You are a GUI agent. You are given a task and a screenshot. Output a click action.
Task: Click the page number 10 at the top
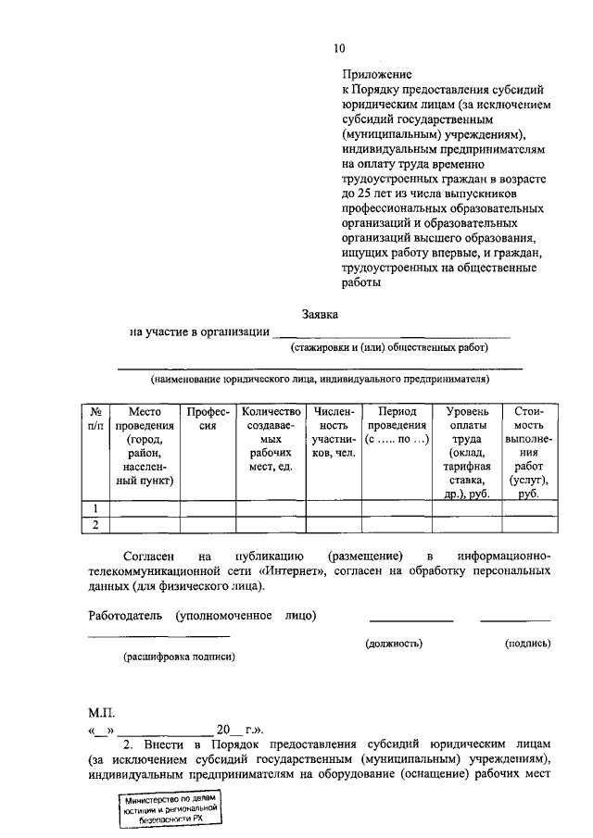338,49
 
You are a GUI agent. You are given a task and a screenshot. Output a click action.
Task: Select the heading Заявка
321,315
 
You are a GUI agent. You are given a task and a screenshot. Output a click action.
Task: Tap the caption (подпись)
528,642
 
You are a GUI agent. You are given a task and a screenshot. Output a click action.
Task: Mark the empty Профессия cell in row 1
207,508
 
